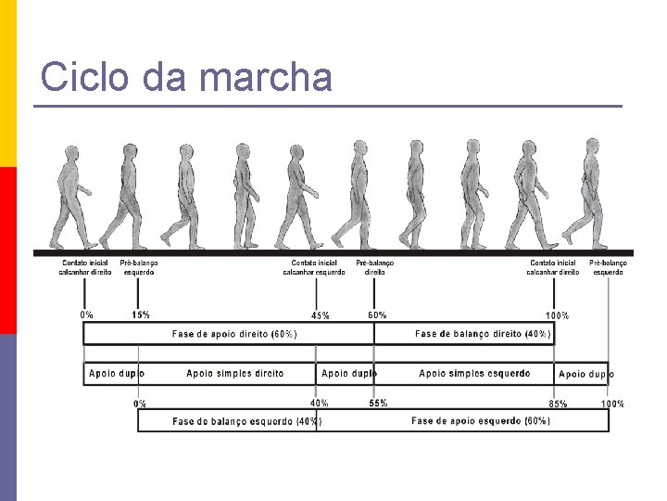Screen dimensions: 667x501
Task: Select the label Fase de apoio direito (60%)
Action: point(234,334)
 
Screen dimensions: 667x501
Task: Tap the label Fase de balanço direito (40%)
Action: point(483,334)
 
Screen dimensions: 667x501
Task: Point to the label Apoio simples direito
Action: point(235,374)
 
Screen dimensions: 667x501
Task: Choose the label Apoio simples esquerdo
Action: point(474,374)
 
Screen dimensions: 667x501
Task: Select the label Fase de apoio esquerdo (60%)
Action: point(481,421)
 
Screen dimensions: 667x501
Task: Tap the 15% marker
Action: point(141,315)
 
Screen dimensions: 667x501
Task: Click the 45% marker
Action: point(320,316)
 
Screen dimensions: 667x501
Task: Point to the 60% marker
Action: point(377,315)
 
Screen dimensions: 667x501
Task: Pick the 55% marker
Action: point(378,404)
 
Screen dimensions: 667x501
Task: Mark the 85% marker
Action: point(558,405)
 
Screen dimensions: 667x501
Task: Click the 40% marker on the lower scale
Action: point(319,404)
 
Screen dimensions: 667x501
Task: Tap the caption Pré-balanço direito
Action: point(375,267)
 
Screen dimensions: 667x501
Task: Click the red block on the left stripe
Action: point(7,250)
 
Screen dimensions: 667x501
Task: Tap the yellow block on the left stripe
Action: point(7,83)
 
